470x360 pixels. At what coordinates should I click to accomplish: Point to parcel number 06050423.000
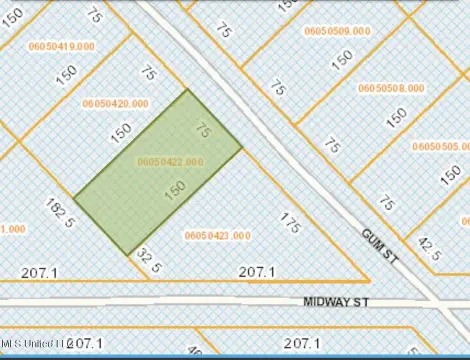coord(218,235)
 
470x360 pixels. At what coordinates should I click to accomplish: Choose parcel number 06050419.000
coord(62,46)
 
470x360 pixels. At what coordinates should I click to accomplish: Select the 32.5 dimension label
coord(149,262)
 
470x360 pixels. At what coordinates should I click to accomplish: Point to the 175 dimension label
coord(290,222)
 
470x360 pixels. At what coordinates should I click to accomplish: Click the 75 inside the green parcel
coord(203,130)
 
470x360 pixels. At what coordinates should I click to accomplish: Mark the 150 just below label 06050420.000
coord(122,130)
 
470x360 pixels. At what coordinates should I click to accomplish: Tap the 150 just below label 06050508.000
coord(396,117)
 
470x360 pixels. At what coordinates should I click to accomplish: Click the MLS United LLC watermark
coord(32,343)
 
